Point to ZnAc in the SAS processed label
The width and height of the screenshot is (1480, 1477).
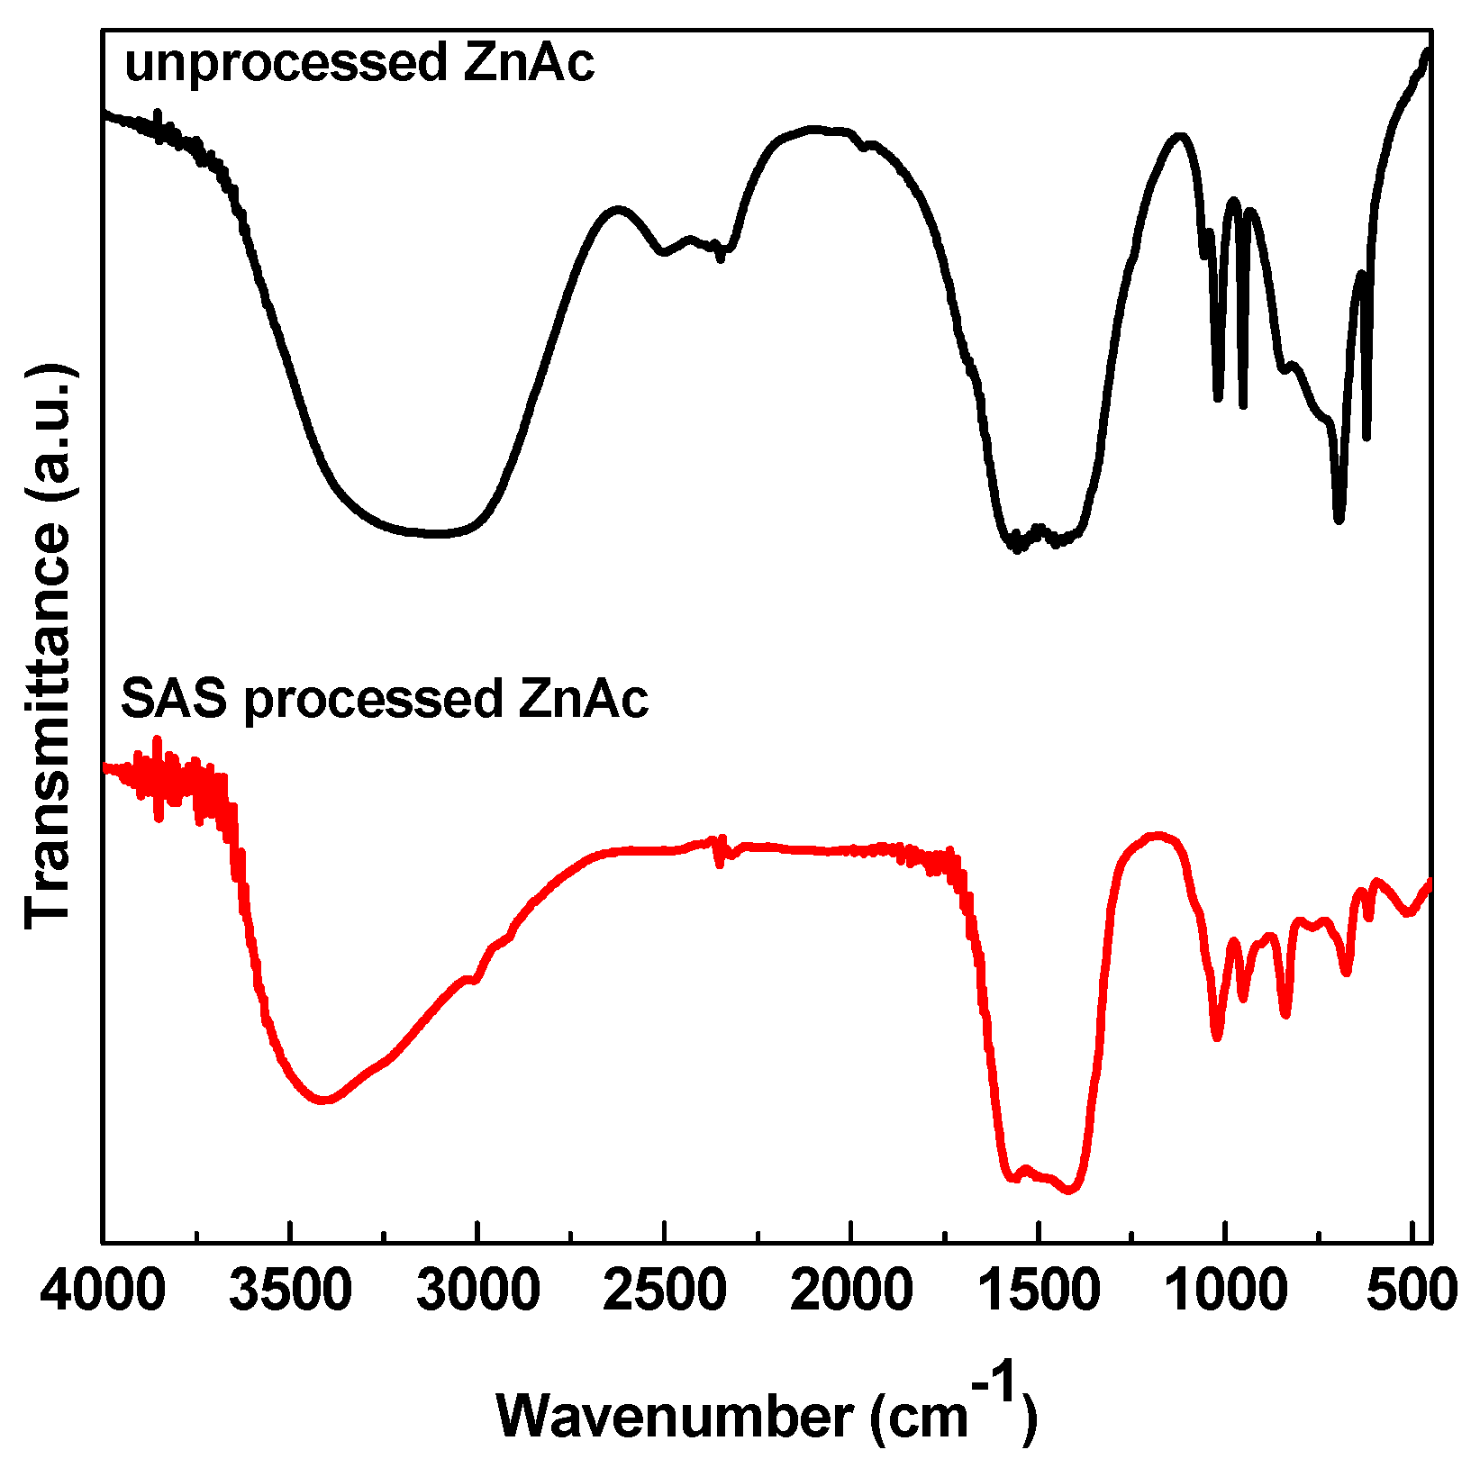[x=583, y=699]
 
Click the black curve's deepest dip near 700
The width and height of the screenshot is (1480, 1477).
[x=1339, y=518]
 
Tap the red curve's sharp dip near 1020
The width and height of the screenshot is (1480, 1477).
[x=1217, y=1036]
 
